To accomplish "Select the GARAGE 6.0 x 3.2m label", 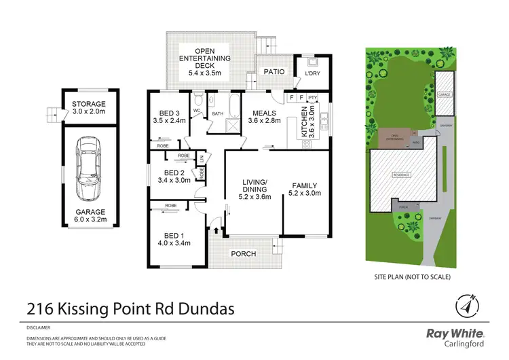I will [90, 215].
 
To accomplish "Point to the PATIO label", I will [274, 70].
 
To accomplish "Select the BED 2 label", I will [170, 176].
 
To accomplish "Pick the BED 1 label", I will [171, 240].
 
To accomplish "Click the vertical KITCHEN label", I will [312, 125].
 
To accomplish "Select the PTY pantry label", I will [312, 98].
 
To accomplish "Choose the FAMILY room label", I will [304, 190].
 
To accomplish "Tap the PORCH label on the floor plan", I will [243, 254].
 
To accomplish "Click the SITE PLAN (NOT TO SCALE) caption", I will [413, 277].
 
